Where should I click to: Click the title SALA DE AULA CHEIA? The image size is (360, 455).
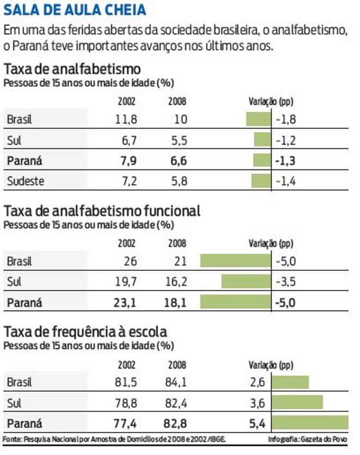pos(75,10)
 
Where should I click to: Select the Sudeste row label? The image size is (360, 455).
pos(26,181)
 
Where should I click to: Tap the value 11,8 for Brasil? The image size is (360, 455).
pos(126,119)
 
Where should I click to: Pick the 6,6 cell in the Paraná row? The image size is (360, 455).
pos(178,161)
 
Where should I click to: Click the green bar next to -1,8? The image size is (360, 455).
pos(258,119)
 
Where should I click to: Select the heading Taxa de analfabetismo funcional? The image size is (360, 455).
pos(102,211)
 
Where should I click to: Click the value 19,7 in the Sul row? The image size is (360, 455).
pos(125,282)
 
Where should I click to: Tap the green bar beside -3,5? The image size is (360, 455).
pos(245,282)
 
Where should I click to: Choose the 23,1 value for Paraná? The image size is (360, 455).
pos(125,302)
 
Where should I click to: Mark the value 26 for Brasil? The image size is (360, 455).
pos(130,261)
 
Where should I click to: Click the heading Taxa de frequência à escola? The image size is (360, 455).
pos(85,332)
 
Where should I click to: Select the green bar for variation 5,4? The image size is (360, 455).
pos(310,423)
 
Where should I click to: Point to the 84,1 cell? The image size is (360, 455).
pos(176,382)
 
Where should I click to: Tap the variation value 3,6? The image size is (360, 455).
pos(257,403)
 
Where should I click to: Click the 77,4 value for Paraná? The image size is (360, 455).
pos(125,423)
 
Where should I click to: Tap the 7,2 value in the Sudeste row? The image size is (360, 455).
pos(129,181)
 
